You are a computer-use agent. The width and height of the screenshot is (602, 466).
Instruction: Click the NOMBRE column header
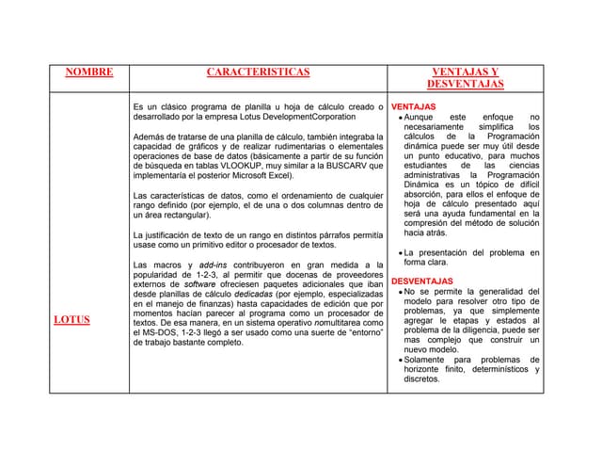coord(89,72)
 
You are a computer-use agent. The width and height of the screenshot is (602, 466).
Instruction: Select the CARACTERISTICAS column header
coord(258,72)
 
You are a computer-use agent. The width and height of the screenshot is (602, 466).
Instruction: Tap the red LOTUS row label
coord(71,319)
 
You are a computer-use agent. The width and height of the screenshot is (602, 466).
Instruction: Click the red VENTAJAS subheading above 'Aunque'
coord(413,106)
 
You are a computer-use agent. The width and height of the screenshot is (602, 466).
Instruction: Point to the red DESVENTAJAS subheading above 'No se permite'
coord(422,281)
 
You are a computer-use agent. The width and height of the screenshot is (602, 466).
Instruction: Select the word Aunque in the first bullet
coord(420,117)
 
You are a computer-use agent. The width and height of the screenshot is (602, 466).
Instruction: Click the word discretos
coord(422,379)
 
